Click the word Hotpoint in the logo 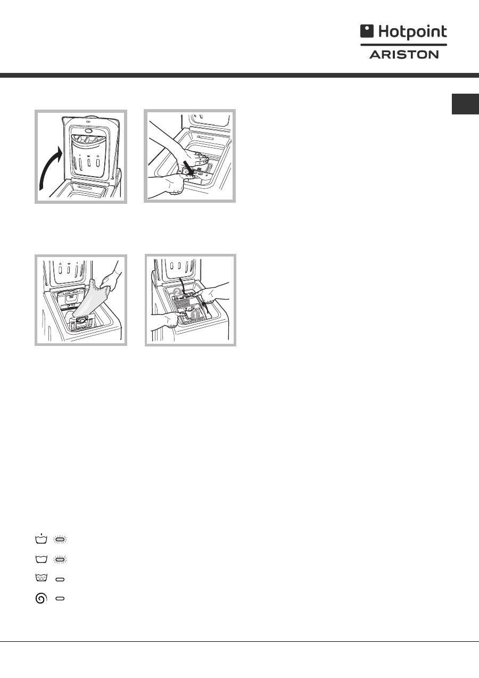pyautogui.click(x=412, y=32)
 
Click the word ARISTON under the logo pyautogui.click(x=404, y=55)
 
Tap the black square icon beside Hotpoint pyautogui.click(x=367, y=31)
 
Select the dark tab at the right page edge pyautogui.click(x=465, y=104)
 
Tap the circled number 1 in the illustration pyautogui.click(x=195, y=315)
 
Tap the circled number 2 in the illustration pyautogui.click(x=177, y=292)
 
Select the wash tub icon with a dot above pyautogui.click(x=41, y=539)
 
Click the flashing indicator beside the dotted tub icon pyautogui.click(x=60, y=540)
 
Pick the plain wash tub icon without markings pyautogui.click(x=41, y=559)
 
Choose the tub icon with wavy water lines pyautogui.click(x=41, y=578)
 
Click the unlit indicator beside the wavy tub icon pyautogui.click(x=60, y=580)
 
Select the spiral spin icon pyautogui.click(x=41, y=598)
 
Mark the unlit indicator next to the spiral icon pyautogui.click(x=60, y=599)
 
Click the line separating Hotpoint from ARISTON pyautogui.click(x=403, y=45)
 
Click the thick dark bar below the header pyautogui.click(x=240, y=76)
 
